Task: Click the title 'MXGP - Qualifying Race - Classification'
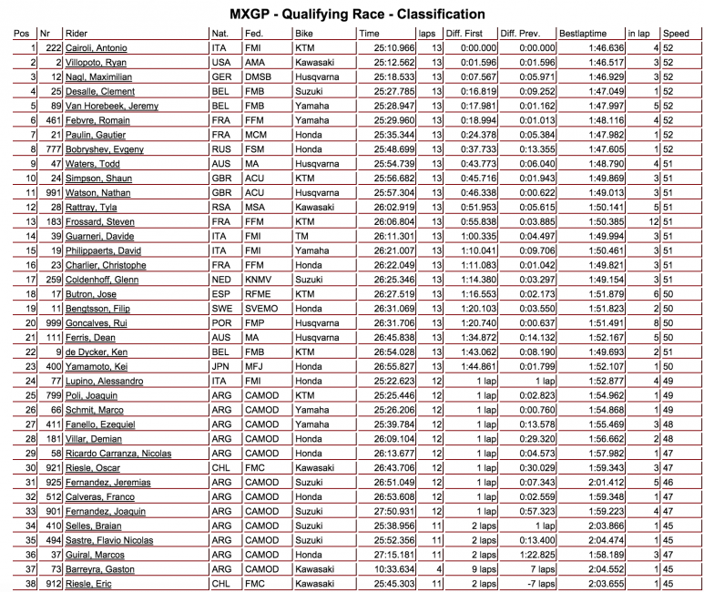tap(351, 15)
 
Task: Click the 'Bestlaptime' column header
tap(584, 33)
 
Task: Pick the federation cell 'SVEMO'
tap(262, 308)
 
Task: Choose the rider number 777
tap(51, 148)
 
